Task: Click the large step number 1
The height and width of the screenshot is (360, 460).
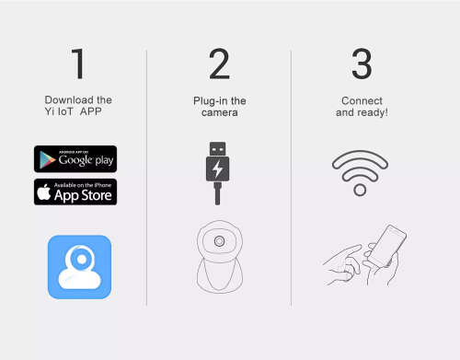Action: (79, 64)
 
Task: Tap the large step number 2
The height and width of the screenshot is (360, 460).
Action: (219, 64)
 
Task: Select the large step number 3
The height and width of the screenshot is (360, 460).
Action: (362, 64)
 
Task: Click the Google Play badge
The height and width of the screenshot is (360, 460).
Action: (75, 158)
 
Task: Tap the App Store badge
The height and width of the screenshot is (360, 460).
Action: (75, 192)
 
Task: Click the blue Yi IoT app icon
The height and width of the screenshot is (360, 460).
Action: (79, 267)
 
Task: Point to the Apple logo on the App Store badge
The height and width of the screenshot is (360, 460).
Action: (44, 192)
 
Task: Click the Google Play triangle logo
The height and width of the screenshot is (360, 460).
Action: (44, 158)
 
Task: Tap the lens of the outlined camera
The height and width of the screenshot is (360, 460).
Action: (219, 241)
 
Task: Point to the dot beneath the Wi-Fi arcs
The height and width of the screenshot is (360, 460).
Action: (360, 190)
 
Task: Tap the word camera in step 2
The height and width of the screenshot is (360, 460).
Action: (219, 112)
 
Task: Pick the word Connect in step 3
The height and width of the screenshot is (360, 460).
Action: (361, 100)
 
